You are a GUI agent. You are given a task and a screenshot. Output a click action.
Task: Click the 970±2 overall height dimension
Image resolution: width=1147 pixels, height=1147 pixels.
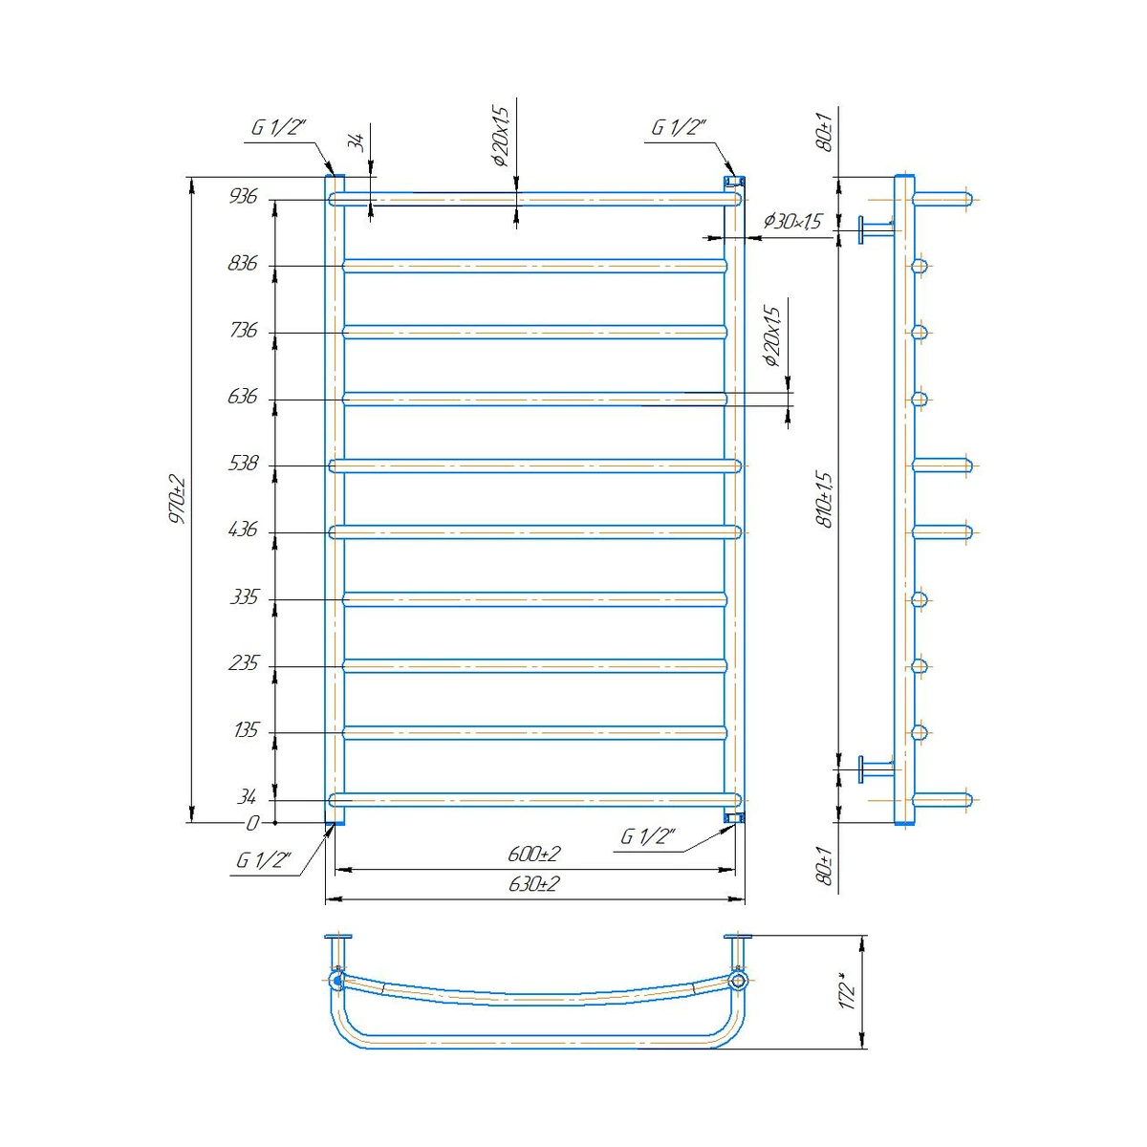(178, 499)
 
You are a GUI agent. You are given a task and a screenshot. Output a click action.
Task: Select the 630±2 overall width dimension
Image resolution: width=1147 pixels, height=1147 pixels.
(534, 883)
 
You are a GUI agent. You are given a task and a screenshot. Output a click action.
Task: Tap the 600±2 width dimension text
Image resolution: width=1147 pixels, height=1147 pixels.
(534, 855)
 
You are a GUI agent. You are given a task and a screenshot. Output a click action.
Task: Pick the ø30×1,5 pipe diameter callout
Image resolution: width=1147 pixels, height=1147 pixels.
(792, 222)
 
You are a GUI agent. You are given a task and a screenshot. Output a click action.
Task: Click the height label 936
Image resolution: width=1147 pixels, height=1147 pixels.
(243, 196)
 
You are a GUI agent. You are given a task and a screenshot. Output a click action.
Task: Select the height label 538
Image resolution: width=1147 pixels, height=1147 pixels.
(243, 463)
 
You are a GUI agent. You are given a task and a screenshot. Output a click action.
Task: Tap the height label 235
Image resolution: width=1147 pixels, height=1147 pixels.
(244, 662)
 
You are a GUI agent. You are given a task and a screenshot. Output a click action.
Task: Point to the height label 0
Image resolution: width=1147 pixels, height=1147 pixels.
(252, 823)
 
